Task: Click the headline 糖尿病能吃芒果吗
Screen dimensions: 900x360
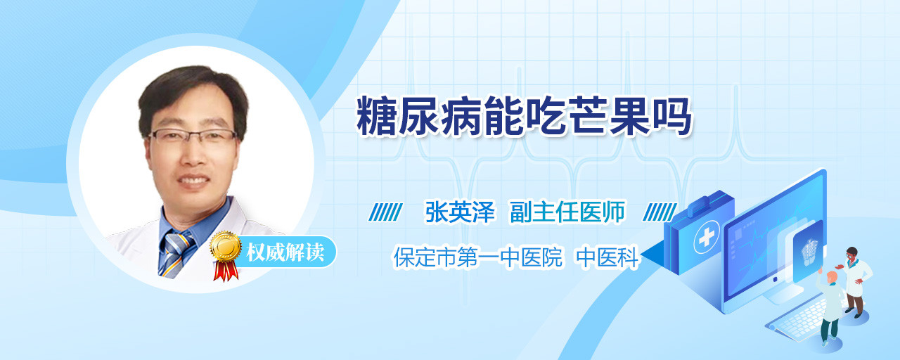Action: pyautogui.click(x=525, y=116)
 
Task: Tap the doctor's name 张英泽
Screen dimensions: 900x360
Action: pyautogui.click(x=460, y=212)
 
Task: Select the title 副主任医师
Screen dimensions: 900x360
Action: pyautogui.click(x=567, y=212)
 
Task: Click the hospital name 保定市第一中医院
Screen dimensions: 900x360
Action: pyautogui.click(x=477, y=257)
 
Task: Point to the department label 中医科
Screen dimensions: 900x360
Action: pyautogui.click(x=607, y=257)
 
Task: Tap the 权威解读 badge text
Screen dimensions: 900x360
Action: pyautogui.click(x=285, y=252)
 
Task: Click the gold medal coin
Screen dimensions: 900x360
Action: pyautogui.click(x=226, y=246)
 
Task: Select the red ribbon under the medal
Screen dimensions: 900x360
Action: pyautogui.click(x=226, y=271)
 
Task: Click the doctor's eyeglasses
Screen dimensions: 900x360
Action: pyautogui.click(x=192, y=136)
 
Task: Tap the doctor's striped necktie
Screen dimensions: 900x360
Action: pyautogui.click(x=176, y=254)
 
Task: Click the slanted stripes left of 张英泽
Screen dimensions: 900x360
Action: pyautogui.click(x=385, y=212)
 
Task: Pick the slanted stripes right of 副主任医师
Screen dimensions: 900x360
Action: pyautogui.click(x=660, y=212)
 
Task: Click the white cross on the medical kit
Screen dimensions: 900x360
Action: pyautogui.click(x=707, y=238)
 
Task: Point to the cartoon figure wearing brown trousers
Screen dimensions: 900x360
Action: pyautogui.click(x=854, y=281)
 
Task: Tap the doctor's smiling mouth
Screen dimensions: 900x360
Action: pyautogui.click(x=193, y=181)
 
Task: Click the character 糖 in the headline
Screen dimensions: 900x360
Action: pyautogui.click(x=376, y=116)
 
